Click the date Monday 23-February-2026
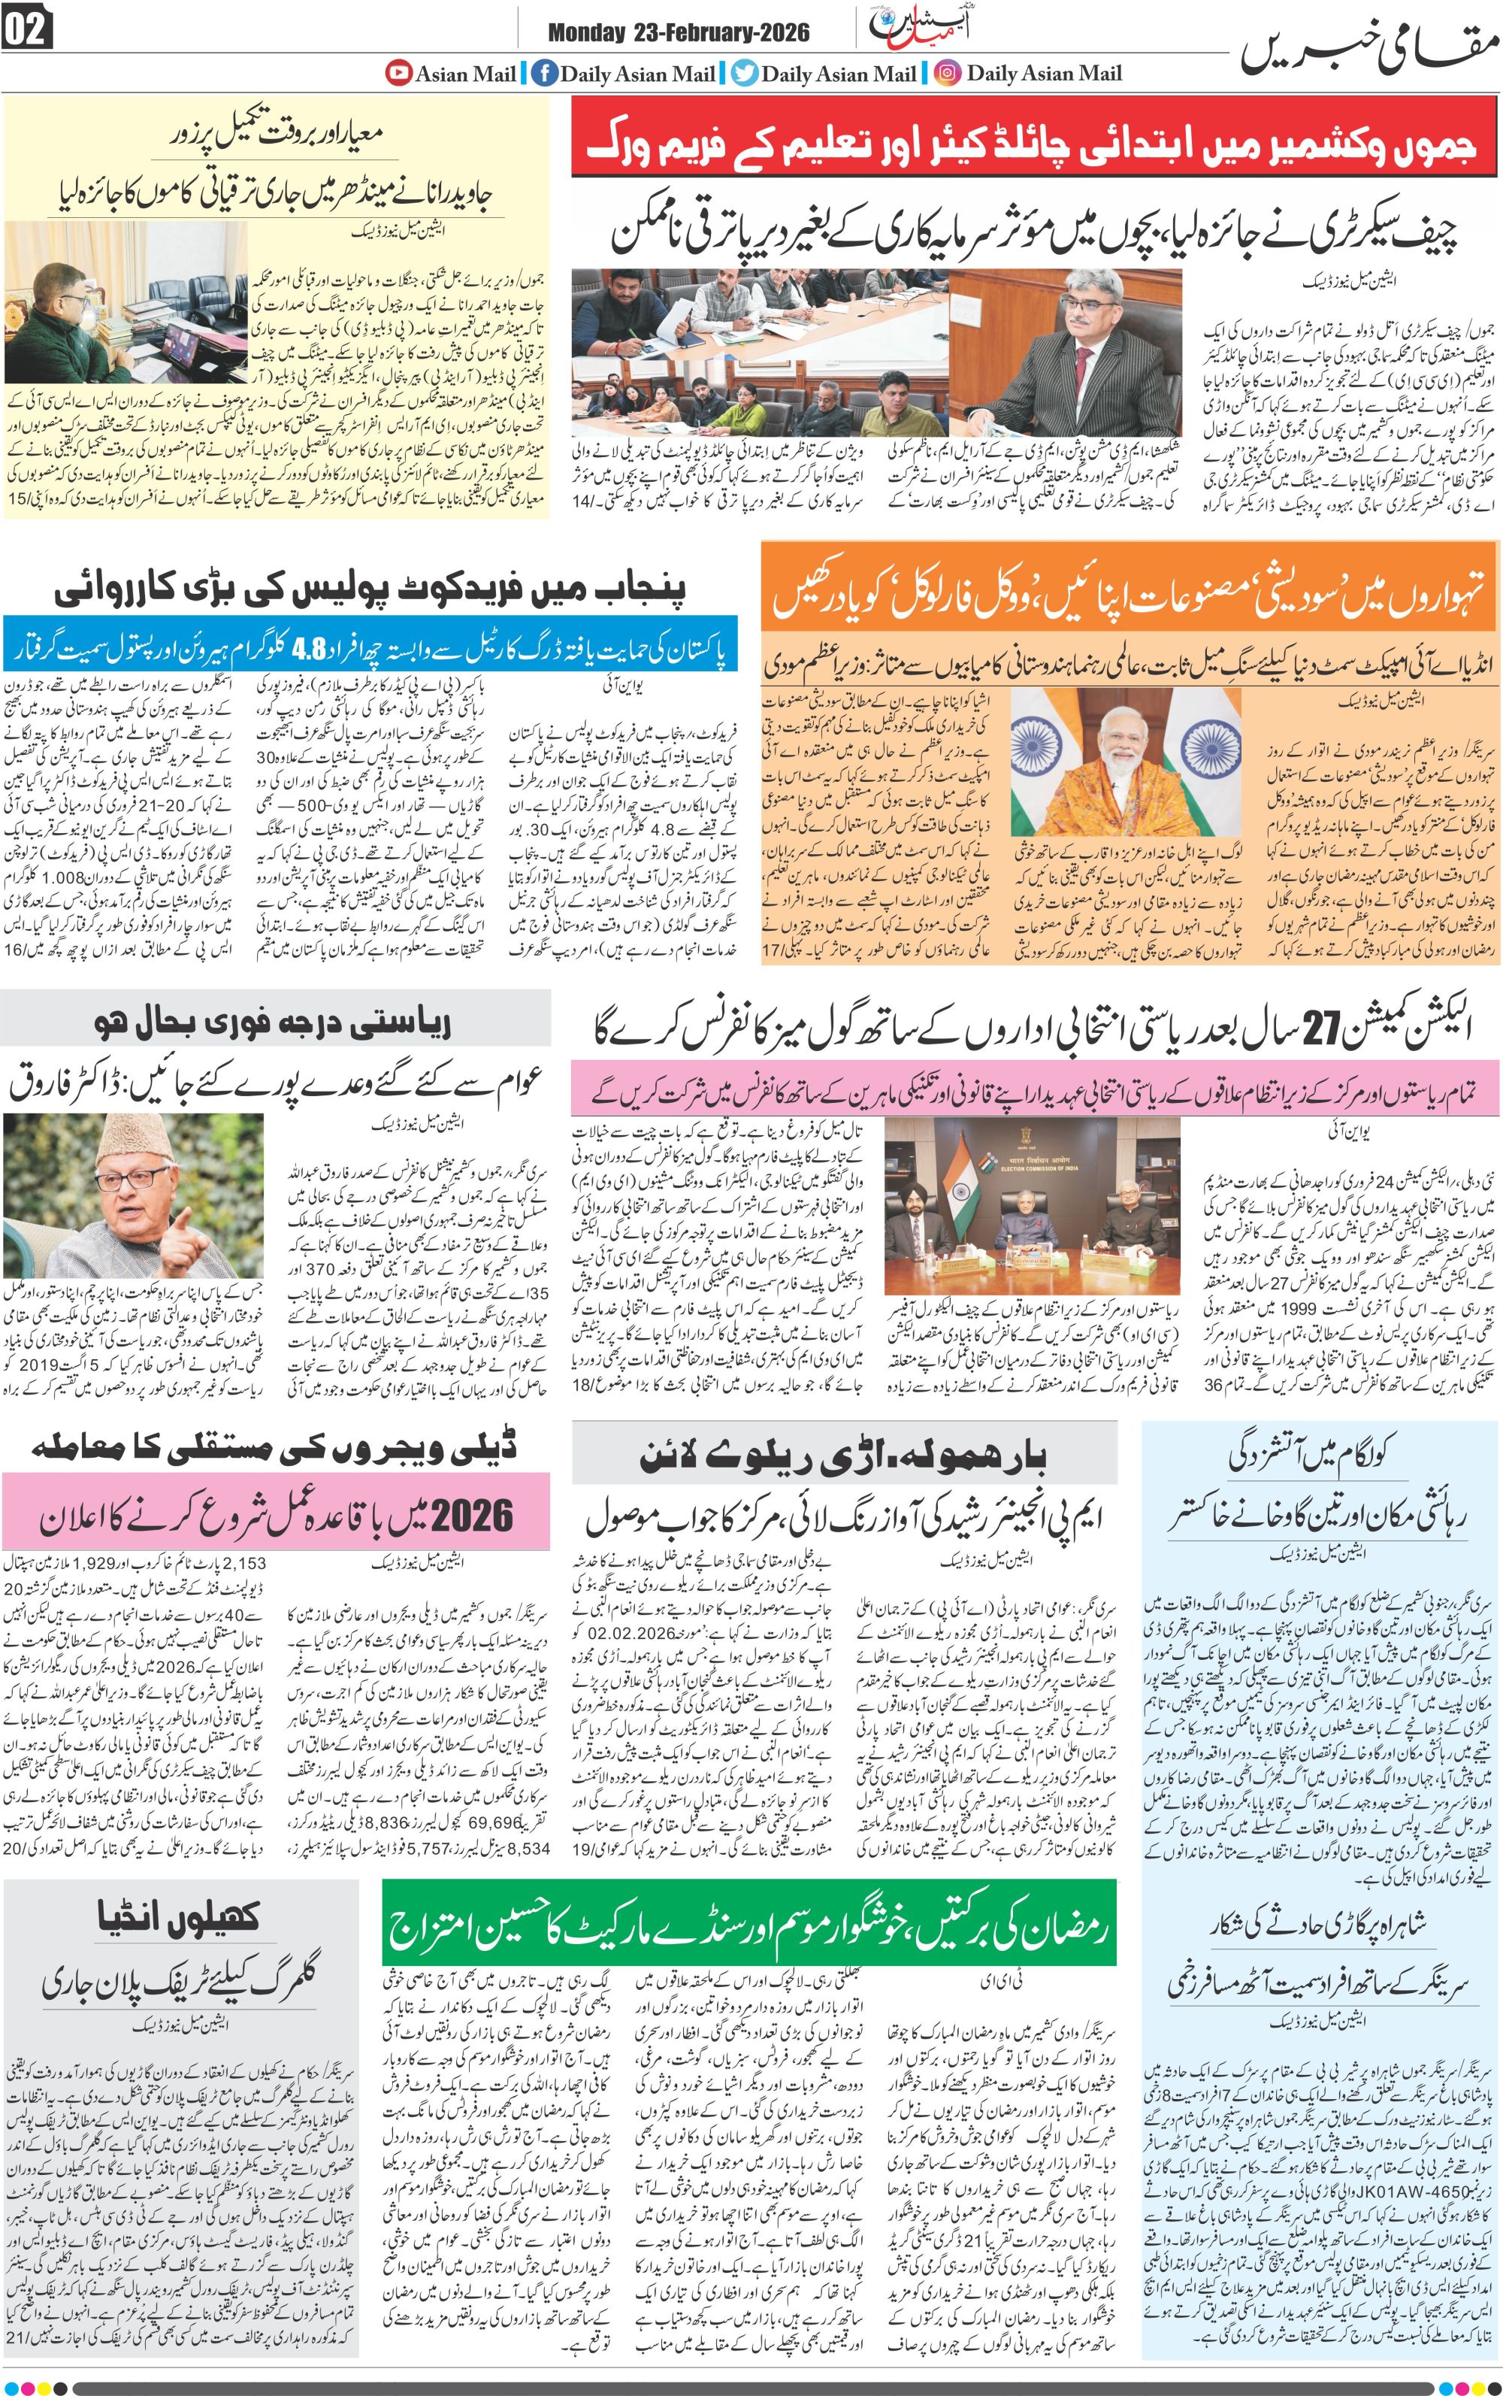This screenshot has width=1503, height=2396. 678,33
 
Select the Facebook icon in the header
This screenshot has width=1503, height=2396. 544,73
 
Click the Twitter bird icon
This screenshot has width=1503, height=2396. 745,73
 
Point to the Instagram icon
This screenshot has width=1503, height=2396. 948,73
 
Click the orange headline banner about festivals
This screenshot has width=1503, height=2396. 1130,592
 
